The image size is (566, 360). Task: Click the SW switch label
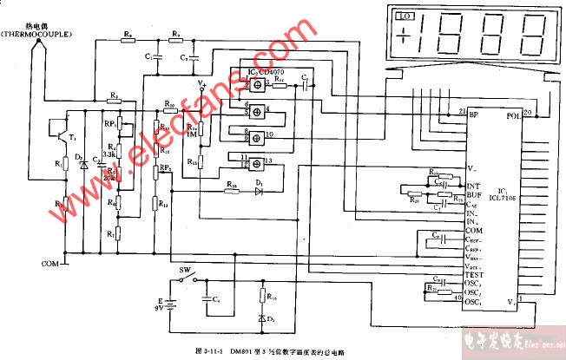click(x=184, y=270)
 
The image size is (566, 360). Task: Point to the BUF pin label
click(x=474, y=196)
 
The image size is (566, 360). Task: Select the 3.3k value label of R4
click(x=109, y=154)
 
